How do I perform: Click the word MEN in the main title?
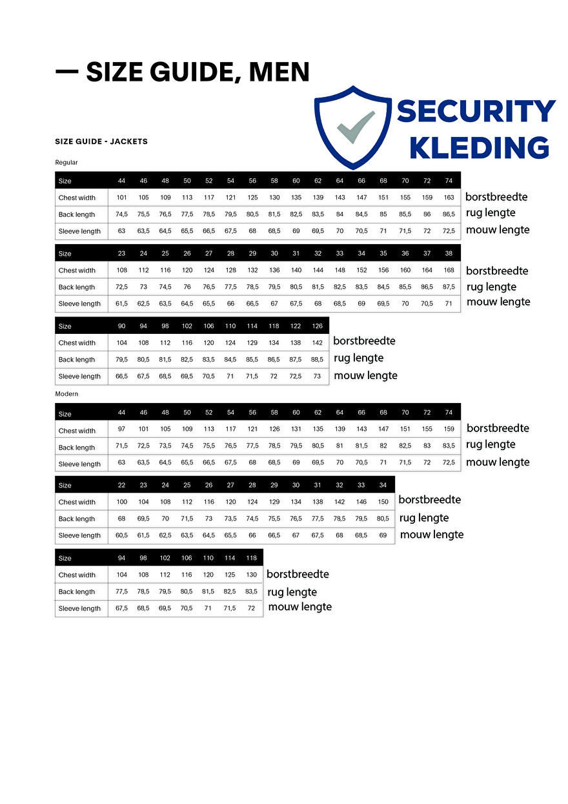(x=279, y=72)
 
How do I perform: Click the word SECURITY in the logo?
(x=476, y=112)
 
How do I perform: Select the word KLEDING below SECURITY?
(x=480, y=148)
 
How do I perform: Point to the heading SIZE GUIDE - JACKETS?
(x=101, y=141)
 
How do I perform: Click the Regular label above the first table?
(x=66, y=163)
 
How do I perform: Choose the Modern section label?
(x=67, y=394)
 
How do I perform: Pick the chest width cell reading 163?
(x=449, y=198)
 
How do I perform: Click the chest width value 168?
(x=449, y=271)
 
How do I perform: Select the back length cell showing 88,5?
(x=317, y=360)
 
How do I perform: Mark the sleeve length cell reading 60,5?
(x=121, y=535)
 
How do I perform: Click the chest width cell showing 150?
(x=383, y=502)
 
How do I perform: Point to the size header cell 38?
(x=449, y=254)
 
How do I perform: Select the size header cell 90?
(x=121, y=326)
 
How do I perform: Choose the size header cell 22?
(x=121, y=485)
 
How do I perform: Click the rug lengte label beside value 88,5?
(x=359, y=358)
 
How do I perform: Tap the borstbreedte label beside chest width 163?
(x=496, y=197)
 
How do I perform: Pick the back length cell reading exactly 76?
(x=187, y=287)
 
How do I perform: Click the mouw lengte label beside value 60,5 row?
(x=432, y=535)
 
